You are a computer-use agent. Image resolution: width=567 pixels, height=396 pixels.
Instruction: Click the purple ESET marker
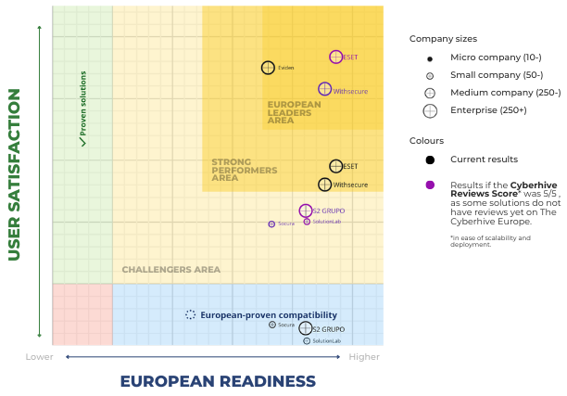[x=335, y=57]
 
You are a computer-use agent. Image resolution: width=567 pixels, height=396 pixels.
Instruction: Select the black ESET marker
[x=335, y=166]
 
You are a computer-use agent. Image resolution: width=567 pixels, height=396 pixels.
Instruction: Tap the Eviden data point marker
[x=268, y=68]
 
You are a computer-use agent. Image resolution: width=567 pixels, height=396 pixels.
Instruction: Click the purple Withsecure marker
[x=324, y=89]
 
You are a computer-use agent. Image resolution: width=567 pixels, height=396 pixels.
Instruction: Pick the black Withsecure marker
[x=324, y=185]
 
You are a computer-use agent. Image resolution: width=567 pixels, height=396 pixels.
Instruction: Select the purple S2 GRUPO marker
[x=306, y=211]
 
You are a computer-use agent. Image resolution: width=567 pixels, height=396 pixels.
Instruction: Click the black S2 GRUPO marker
[x=305, y=328]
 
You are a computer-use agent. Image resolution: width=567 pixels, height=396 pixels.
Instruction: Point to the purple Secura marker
[x=271, y=224]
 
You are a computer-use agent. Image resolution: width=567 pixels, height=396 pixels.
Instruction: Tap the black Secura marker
[x=271, y=325]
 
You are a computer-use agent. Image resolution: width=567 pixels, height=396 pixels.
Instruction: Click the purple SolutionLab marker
[x=307, y=221]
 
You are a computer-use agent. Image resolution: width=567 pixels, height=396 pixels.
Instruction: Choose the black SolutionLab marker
[x=307, y=340]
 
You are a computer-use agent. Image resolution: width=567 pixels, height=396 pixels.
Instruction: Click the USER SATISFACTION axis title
[x=15, y=174]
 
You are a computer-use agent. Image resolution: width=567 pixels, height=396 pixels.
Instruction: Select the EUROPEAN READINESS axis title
[x=218, y=381]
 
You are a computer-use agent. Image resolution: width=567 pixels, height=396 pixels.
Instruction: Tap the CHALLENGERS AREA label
[x=171, y=270]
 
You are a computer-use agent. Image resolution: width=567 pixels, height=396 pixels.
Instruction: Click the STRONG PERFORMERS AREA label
[x=244, y=170]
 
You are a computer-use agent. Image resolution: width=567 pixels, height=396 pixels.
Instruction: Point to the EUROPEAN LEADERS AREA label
[x=294, y=112]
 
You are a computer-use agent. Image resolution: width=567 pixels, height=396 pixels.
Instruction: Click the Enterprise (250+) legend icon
[x=430, y=110]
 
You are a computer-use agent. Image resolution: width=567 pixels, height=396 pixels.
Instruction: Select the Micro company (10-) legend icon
[x=430, y=58]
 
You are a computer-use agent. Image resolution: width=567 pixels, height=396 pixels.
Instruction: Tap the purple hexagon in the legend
[x=430, y=185]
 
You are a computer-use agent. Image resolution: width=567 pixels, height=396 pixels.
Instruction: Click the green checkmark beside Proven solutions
[x=82, y=142]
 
